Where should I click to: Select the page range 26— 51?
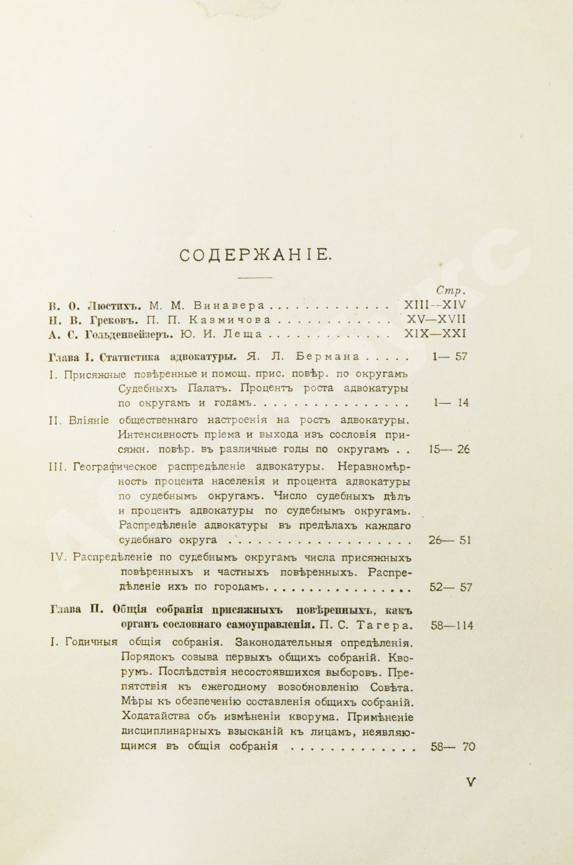pos(449,540)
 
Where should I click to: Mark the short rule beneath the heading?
pos(255,277)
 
